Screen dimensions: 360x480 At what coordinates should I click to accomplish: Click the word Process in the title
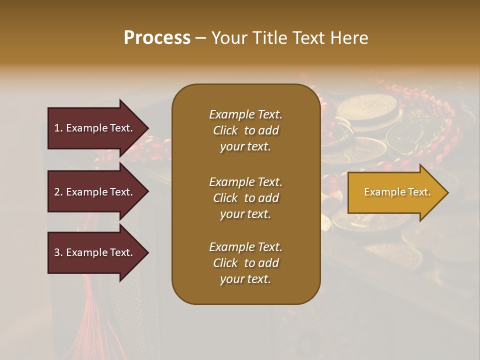pos(157,38)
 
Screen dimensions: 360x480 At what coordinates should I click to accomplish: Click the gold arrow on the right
pos(395,192)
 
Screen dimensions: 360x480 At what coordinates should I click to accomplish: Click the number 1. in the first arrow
pos(58,128)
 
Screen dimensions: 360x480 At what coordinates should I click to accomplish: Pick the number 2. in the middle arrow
pos(58,192)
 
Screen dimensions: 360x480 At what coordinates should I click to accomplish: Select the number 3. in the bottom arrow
pos(58,252)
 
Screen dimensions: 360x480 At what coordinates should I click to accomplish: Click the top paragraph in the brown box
pos(245,130)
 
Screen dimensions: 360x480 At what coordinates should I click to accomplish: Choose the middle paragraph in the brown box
pos(245,197)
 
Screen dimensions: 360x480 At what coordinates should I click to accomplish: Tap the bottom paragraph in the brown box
pos(245,263)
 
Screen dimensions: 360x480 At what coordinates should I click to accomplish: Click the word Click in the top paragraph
pos(225,130)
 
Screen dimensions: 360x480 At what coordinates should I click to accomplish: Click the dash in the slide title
pos(200,38)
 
